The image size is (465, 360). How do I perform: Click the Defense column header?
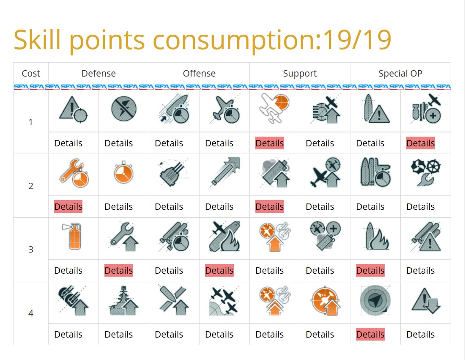[98, 74]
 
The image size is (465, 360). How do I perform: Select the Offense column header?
[199, 74]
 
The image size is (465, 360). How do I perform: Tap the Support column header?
[300, 74]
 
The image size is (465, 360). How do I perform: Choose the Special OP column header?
[400, 74]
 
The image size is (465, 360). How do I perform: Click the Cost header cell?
[31, 74]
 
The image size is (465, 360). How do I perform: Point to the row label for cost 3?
[31, 250]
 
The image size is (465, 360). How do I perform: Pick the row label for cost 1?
[31, 122]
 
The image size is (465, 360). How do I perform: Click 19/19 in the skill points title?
[357, 40]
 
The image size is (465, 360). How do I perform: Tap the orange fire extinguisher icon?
[74, 236]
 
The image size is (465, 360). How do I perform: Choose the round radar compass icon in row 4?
[375, 301]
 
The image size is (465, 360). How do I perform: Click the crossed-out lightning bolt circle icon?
[123, 109]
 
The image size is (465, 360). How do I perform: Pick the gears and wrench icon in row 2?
[425, 173]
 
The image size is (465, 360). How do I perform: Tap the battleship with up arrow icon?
[123, 301]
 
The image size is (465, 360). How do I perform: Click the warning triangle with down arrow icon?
[425, 301]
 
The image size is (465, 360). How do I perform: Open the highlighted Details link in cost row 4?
[370, 334]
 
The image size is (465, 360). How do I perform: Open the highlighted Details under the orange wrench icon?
[68, 207]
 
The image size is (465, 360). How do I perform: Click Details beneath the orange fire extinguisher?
[68, 271]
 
